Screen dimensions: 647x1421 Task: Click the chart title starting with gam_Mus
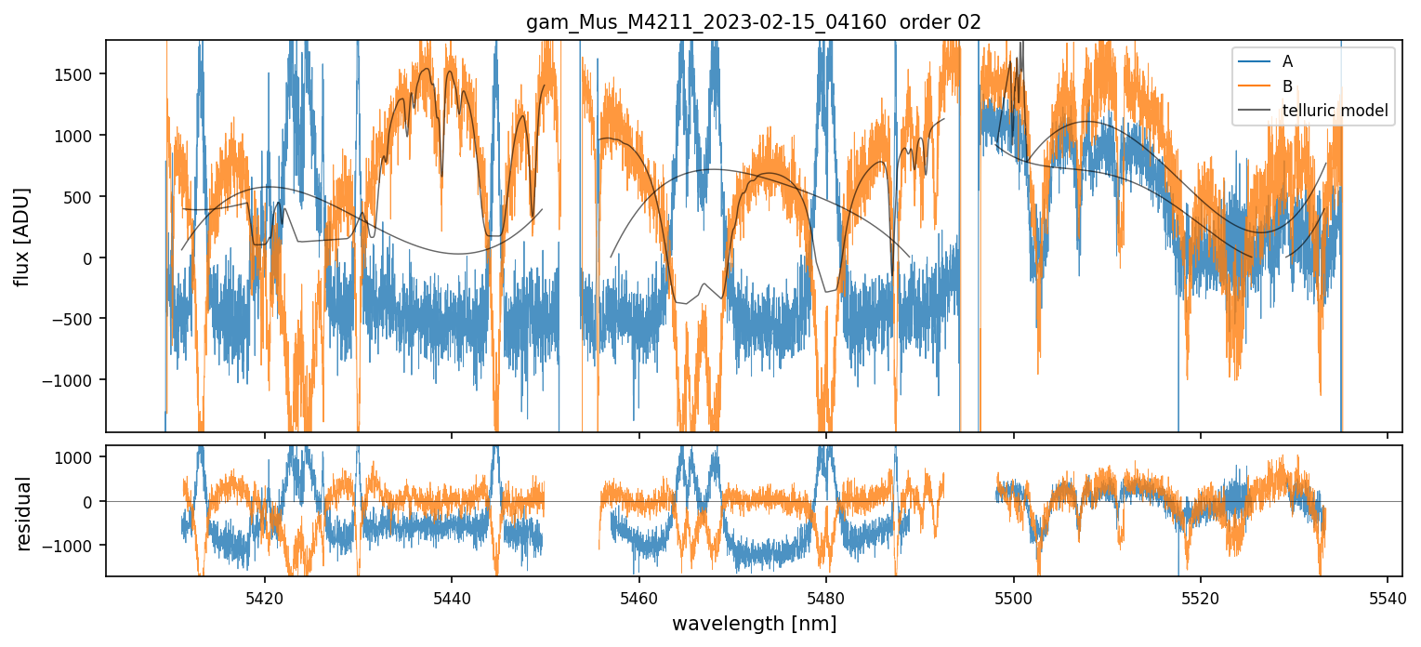(754, 22)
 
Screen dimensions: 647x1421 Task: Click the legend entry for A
(1287, 61)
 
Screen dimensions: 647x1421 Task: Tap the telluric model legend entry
(1335, 111)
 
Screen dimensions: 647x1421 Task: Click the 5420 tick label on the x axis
(265, 596)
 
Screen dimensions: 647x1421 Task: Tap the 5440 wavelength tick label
(452, 596)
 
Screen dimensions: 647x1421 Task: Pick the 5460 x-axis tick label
(639, 596)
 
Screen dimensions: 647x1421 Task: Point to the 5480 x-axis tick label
(826, 596)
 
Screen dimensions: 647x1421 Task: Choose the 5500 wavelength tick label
(1013, 596)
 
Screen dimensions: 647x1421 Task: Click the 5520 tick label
(1201, 596)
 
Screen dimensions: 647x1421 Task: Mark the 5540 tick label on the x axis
(1388, 596)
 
